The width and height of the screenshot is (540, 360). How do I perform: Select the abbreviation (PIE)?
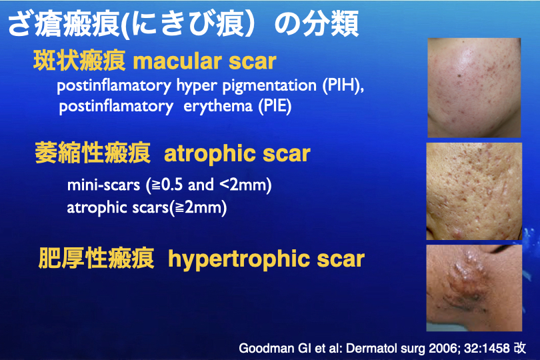point(275,106)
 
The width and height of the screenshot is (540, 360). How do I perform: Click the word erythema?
point(218,106)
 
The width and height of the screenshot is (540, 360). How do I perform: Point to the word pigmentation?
point(269,86)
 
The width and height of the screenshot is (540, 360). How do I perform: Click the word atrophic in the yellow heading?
point(210,154)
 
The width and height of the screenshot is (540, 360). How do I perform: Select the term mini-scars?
point(103,185)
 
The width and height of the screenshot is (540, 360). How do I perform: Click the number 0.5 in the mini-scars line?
point(171,185)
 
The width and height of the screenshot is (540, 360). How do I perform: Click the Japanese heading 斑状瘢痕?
point(79,61)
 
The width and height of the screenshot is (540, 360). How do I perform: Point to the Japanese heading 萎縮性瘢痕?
point(93,153)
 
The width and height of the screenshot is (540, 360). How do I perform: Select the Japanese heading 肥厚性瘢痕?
point(96,258)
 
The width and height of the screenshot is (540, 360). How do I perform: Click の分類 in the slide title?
point(317,24)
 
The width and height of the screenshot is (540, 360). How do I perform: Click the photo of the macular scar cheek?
point(474,88)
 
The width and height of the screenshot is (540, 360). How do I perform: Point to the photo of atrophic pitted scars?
point(474,191)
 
